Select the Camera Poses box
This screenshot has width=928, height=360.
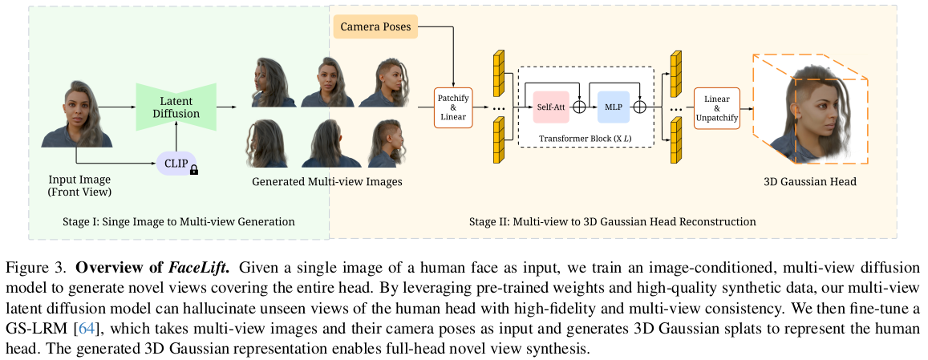click(x=375, y=27)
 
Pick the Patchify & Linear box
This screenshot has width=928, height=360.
click(x=452, y=107)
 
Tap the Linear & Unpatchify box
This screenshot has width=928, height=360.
click(x=715, y=107)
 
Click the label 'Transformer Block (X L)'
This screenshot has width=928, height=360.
click(x=586, y=138)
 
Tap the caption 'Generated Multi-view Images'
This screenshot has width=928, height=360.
click(x=326, y=182)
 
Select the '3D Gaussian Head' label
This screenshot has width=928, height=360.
click(x=809, y=182)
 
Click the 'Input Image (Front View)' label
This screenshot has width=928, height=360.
click(x=79, y=185)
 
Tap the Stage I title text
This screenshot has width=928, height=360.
click(x=179, y=221)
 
